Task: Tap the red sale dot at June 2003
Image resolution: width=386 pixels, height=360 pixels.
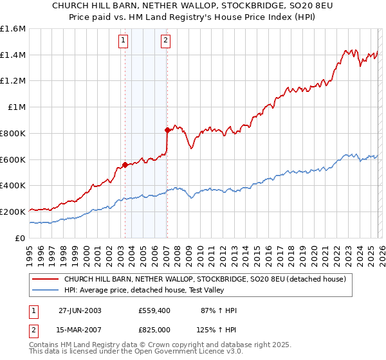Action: pos(124,165)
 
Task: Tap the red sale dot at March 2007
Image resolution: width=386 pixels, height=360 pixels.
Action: pos(167,130)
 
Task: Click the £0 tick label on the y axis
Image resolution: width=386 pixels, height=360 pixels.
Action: pos(20,238)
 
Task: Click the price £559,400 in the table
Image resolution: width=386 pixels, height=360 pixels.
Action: pos(155,310)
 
